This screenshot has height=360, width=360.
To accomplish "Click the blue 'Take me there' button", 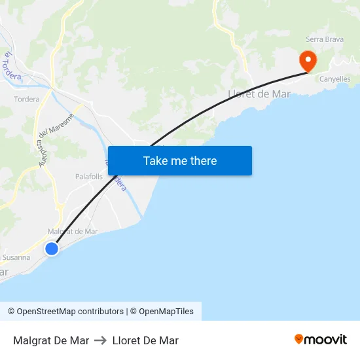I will pyautogui.click(x=180, y=161).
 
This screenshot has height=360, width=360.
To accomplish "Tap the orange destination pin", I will pyautogui.click(x=308, y=62).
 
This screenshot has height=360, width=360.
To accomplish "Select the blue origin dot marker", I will pyautogui.click(x=52, y=249).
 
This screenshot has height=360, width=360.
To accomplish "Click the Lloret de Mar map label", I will pyautogui.click(x=259, y=94).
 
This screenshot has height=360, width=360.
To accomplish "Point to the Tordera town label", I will pyautogui.click(x=27, y=99).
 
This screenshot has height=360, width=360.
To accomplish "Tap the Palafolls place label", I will pyautogui.click(x=89, y=177).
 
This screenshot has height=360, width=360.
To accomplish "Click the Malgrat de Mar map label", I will pyautogui.click(x=73, y=231).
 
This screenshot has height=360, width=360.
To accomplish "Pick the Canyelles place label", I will pyautogui.click(x=334, y=79).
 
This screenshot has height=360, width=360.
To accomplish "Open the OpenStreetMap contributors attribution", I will pyautogui.click(x=66, y=312).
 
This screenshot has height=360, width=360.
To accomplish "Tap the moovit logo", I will pyautogui.click(x=321, y=340).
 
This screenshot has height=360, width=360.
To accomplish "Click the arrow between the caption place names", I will pyautogui.click(x=100, y=340).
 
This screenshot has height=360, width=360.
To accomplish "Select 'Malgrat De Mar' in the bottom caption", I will pyautogui.click(x=51, y=340).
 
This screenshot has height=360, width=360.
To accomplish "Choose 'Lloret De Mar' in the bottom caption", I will pyautogui.click(x=145, y=340).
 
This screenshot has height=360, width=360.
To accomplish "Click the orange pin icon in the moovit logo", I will pyautogui.click(x=299, y=339).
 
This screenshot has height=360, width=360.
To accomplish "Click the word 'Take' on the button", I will pyautogui.click(x=156, y=161).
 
